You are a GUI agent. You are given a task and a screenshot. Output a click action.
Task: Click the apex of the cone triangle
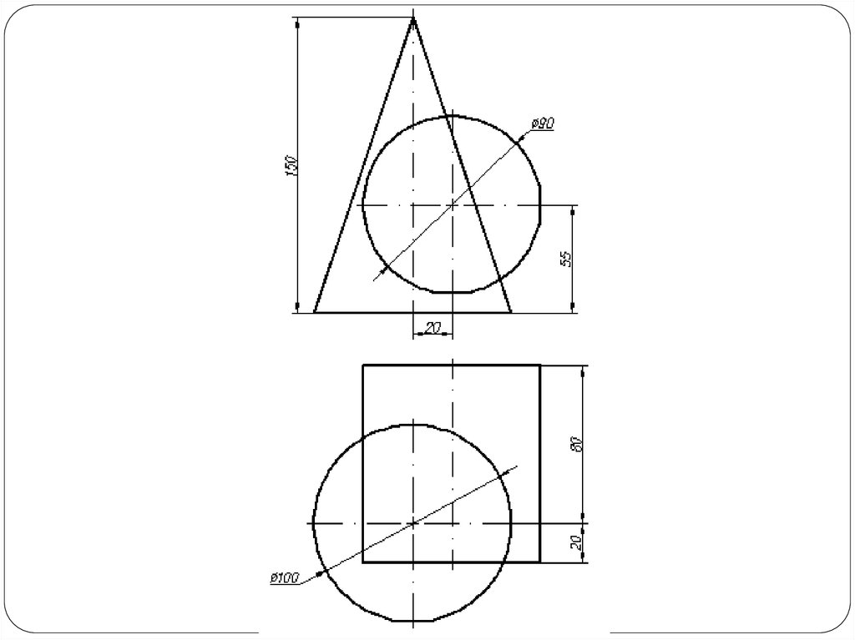click(412, 18)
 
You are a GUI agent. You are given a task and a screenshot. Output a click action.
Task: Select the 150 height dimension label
click(291, 166)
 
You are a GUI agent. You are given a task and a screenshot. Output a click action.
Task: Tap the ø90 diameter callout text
click(543, 123)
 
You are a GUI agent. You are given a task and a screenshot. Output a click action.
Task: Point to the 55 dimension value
click(566, 259)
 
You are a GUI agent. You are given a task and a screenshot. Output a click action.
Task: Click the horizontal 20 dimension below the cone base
click(433, 328)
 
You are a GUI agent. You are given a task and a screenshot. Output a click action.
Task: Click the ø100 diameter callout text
click(285, 578)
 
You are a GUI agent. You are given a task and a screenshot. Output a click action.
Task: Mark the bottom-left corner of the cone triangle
click(314, 313)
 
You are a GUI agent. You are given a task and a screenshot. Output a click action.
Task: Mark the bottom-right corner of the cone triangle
click(511, 313)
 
